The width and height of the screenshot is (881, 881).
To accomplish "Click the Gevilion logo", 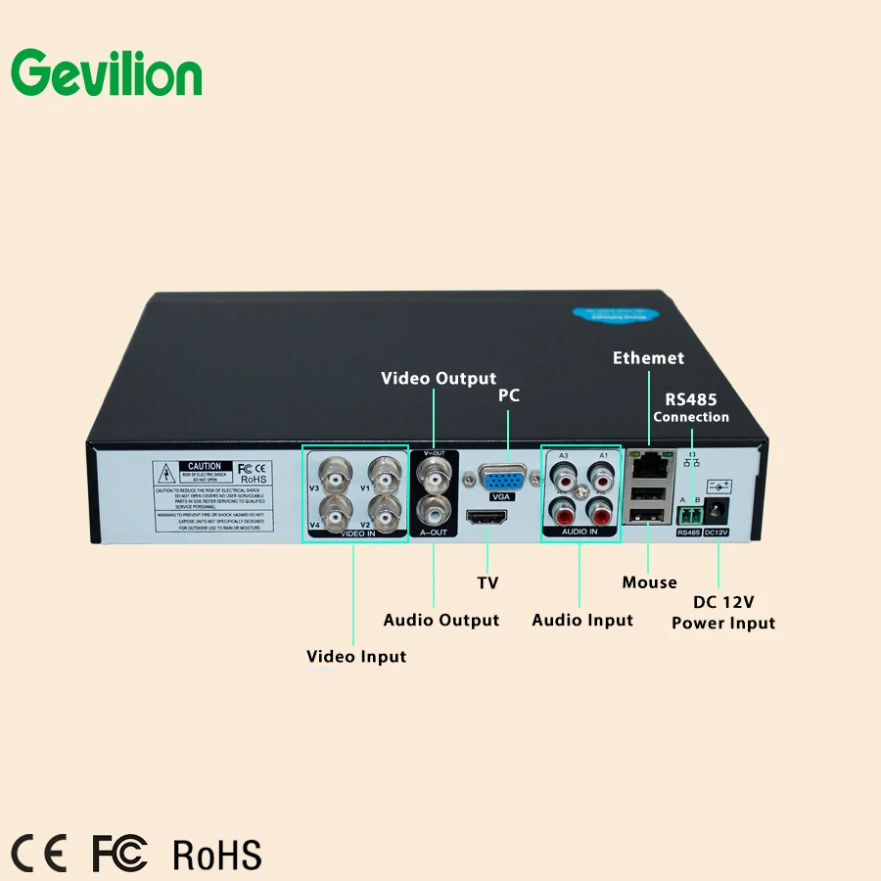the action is pos(106,73).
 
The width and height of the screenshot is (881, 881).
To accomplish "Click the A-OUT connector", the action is pos(433,510).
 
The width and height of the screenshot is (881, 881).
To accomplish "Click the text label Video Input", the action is pos(356,656).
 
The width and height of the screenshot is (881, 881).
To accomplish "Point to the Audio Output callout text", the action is pos(440,620).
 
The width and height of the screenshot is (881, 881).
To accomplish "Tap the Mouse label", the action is pos(649,582).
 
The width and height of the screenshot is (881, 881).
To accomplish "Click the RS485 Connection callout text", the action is pos(691,407).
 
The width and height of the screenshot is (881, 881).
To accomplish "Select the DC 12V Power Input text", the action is pos(723,612).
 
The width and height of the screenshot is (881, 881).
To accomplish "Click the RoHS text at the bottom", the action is pos(217,854).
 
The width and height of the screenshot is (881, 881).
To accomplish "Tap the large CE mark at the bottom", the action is pos(39,854).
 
